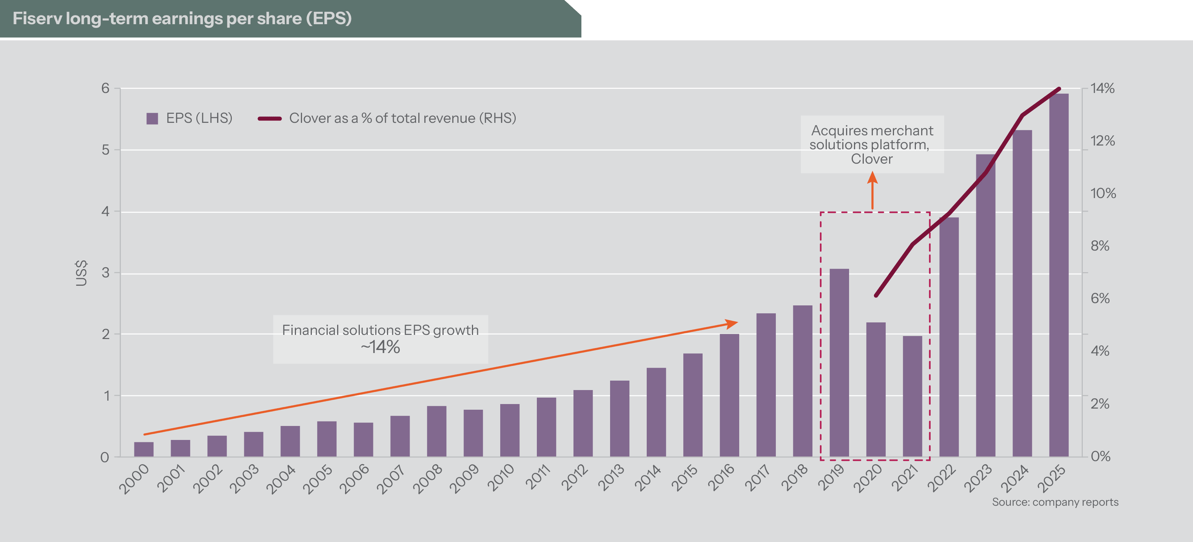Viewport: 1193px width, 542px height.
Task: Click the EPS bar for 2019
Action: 839,362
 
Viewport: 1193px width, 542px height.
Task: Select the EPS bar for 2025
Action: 1059,276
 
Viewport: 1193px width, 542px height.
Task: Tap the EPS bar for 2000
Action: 143,449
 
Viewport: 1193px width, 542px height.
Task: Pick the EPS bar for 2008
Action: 436,431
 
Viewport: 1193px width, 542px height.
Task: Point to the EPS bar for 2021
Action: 912,396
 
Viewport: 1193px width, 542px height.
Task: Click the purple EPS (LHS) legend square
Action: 152,118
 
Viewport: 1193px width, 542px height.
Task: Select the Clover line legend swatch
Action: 270,118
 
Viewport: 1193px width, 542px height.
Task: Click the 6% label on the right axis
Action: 1100,298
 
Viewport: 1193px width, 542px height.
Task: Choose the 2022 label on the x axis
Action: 941,477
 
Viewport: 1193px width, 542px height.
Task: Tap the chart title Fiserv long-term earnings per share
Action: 182,19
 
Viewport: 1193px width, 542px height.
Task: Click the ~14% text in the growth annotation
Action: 380,347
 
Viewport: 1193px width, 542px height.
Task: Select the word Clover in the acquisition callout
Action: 872,159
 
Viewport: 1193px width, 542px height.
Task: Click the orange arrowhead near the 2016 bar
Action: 732,323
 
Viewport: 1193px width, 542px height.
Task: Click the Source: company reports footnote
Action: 1055,502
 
